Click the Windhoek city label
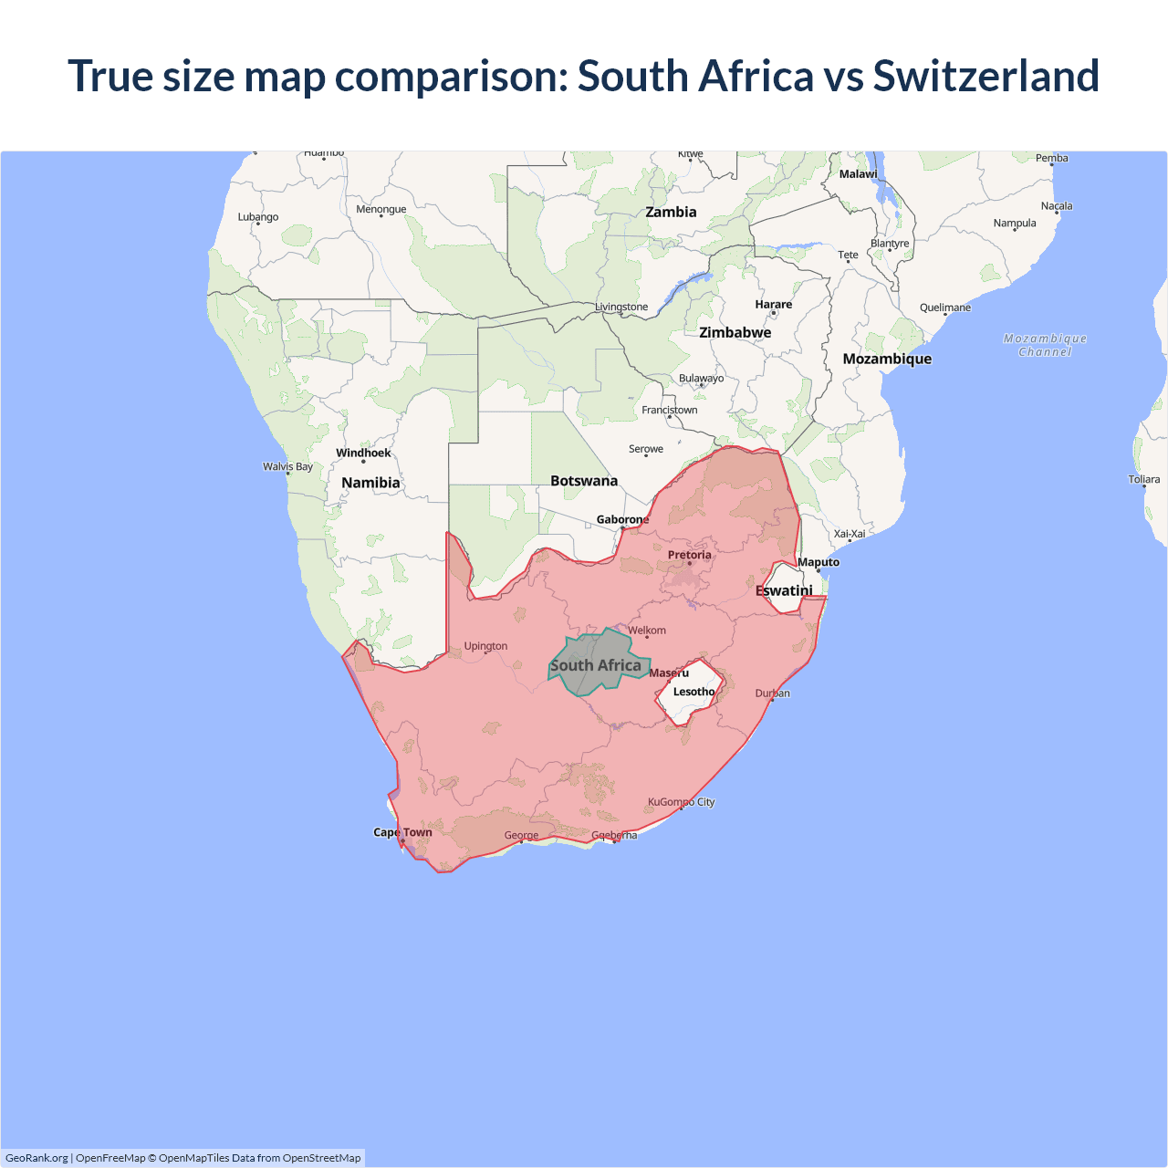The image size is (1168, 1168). [x=363, y=453]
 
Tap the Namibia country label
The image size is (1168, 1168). [x=370, y=483]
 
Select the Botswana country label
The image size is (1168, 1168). [x=584, y=481]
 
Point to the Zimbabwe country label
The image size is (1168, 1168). [x=735, y=332]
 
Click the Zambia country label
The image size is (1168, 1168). [x=671, y=212]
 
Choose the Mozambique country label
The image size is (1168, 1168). [x=887, y=359]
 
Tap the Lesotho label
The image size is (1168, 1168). [x=693, y=692]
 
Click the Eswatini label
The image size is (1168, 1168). [x=784, y=590]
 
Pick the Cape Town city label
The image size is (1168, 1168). [x=402, y=832]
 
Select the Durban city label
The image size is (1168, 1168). [x=772, y=693]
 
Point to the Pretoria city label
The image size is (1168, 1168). [x=689, y=555]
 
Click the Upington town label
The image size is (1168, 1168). [x=485, y=646]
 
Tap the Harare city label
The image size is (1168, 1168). [x=773, y=305]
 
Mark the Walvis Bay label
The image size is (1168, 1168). [x=287, y=466]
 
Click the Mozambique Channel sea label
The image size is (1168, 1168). [x=1045, y=345]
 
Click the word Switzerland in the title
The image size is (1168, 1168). [x=985, y=76]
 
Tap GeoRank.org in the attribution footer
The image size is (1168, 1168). [x=36, y=1158]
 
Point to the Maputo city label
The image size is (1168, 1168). [x=818, y=562]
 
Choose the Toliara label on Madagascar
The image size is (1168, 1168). [x=1143, y=479]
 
